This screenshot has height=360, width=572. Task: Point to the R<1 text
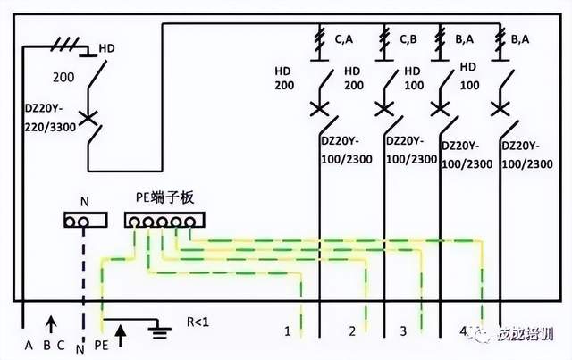[198, 320]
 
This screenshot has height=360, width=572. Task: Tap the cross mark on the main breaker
[88, 117]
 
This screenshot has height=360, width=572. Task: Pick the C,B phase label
[408, 38]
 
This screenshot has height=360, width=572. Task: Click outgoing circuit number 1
[288, 331]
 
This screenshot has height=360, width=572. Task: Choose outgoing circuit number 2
[353, 331]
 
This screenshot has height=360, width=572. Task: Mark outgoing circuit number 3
[403, 331]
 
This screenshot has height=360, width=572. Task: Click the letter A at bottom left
[29, 345]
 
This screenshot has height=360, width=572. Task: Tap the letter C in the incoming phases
[62, 345]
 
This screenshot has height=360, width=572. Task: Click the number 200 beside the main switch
[64, 78]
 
